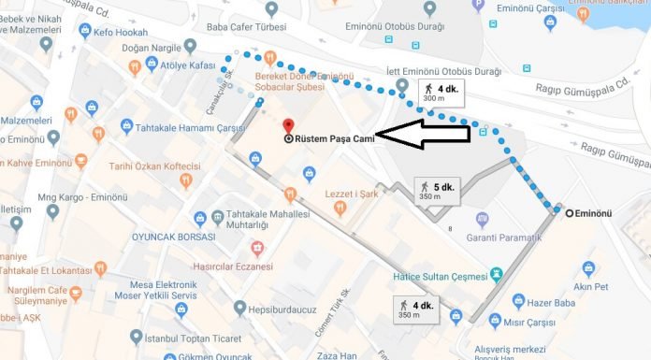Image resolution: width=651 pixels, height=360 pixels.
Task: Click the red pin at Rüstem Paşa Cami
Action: click(288, 126)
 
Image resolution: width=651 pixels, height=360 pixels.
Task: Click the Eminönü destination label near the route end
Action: click(592, 213)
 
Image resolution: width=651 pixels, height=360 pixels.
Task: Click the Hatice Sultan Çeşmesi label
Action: click(439, 276)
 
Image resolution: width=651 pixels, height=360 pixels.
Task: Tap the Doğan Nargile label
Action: click(150, 46)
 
